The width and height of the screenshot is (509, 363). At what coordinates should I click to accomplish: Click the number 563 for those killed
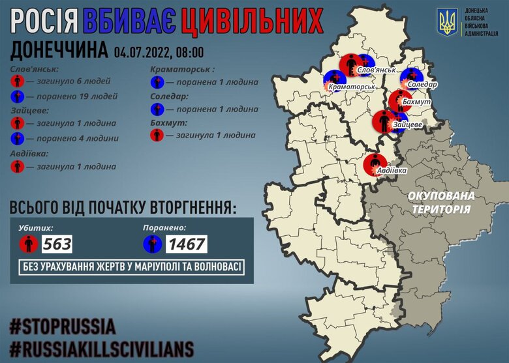click(57, 244)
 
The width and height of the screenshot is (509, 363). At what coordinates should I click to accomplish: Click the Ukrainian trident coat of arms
click(448, 23)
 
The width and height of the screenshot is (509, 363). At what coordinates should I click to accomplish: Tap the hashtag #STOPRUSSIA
click(63, 325)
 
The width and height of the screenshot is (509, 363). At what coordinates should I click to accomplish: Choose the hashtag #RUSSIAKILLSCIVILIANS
click(101, 346)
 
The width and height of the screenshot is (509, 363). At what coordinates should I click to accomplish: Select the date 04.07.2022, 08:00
click(159, 51)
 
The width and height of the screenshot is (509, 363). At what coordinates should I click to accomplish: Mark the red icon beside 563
click(27, 244)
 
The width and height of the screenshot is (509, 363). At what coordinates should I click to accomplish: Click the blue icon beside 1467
click(153, 244)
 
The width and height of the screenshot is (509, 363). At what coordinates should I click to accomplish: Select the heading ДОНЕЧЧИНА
click(59, 51)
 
